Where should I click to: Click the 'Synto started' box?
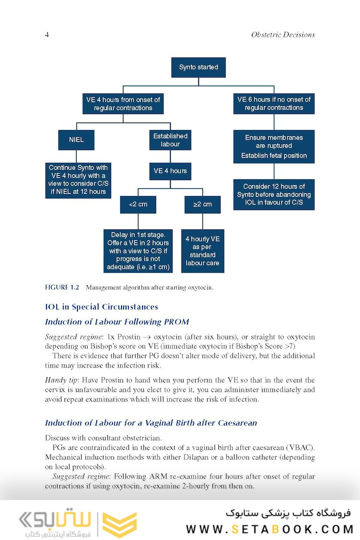click(198, 67)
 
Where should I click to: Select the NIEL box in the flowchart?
click(76, 139)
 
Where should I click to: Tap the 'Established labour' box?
click(170, 140)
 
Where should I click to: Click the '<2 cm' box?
click(137, 204)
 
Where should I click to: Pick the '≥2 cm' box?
click(202, 204)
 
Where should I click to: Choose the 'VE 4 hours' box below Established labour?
click(170, 171)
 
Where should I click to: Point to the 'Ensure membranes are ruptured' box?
click(274, 146)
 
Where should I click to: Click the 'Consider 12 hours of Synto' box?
click(274, 194)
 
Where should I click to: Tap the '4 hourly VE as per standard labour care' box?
click(202, 251)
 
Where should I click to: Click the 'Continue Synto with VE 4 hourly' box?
click(78, 179)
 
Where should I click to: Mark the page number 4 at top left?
click(47, 34)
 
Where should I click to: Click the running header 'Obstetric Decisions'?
click(283, 34)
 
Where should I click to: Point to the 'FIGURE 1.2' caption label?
click(62, 287)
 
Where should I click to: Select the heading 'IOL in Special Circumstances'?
click(101, 307)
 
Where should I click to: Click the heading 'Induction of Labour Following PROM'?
click(117, 321)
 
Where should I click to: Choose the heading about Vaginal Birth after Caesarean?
click(151, 422)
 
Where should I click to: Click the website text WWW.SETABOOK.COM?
click(269, 529)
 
